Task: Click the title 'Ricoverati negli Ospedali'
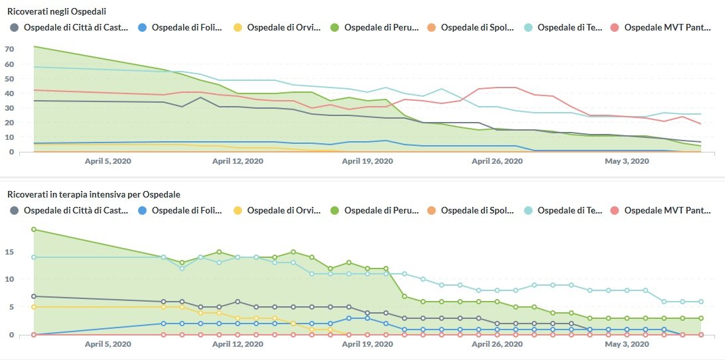coord(57,12)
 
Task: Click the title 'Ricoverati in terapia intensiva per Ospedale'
coord(94,195)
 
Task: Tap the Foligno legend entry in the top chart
coord(182,28)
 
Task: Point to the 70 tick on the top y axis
coord(9,50)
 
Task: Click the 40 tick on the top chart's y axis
coord(9,93)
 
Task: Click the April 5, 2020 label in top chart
coord(108,161)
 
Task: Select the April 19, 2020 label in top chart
coord(367,161)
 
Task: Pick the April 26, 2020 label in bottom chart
coord(497,345)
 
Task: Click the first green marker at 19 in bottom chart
coord(34,229)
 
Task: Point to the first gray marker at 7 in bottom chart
coord(34,296)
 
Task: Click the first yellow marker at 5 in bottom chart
coord(34,307)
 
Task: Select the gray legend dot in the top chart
coord(15,28)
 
